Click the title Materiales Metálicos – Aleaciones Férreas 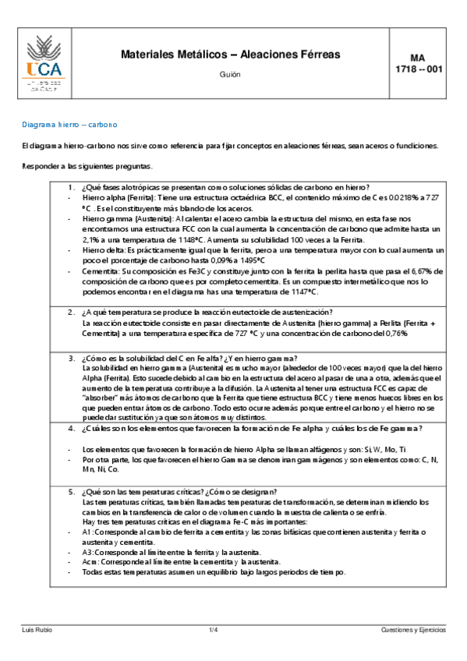(x=230, y=55)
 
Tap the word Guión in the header (x=230, y=75)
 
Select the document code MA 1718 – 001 (x=418, y=63)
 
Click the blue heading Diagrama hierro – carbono (x=69, y=125)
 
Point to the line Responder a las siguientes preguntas (x=87, y=167)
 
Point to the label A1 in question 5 (x=87, y=532)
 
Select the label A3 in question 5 (x=87, y=552)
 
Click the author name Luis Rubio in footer (x=37, y=629)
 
